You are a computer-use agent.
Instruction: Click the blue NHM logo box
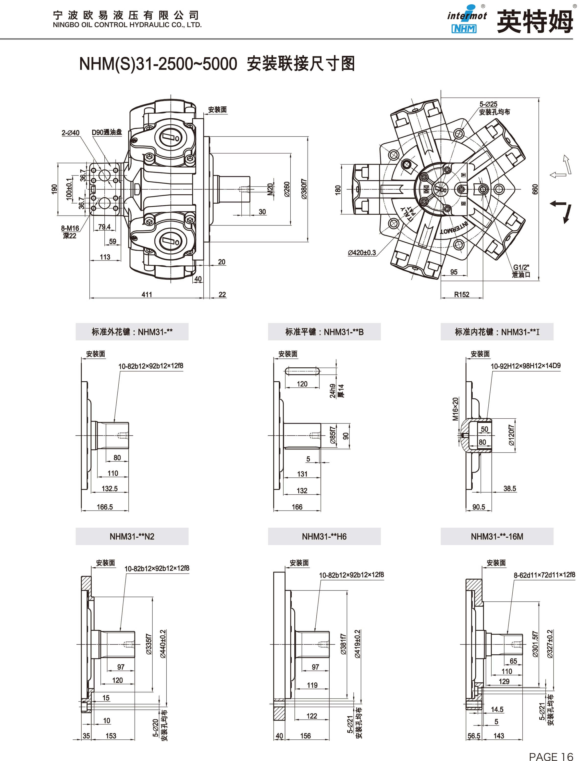pos(464,28)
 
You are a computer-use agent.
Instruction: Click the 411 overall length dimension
pos(147,294)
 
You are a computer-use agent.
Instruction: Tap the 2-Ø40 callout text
pos(71,133)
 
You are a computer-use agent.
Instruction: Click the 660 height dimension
pos(535,189)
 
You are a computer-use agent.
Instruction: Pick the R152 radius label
pos(462,294)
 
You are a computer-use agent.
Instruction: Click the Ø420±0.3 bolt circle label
pos(362,252)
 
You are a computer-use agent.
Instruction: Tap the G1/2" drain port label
pos(521,267)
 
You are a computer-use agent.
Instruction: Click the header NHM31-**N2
pos(132,536)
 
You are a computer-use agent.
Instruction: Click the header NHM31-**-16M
pos(497,536)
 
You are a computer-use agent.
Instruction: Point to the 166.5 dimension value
pos(105,507)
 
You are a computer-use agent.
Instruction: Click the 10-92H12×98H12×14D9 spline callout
pos(526,366)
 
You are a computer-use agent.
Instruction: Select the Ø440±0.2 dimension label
pos(163,644)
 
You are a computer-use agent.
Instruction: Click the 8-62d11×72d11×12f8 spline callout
pos(544,575)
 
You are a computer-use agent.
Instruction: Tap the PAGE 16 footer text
pos(551,754)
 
